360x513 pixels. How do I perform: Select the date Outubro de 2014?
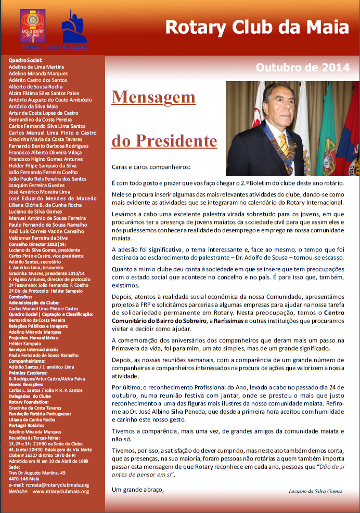pyautogui.click(x=303, y=67)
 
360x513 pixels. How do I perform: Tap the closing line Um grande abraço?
pyautogui.click(x=138, y=489)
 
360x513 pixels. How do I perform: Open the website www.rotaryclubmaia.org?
pyautogui.click(x=60, y=491)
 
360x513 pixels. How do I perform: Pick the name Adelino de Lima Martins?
pyautogui.click(x=36, y=67)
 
